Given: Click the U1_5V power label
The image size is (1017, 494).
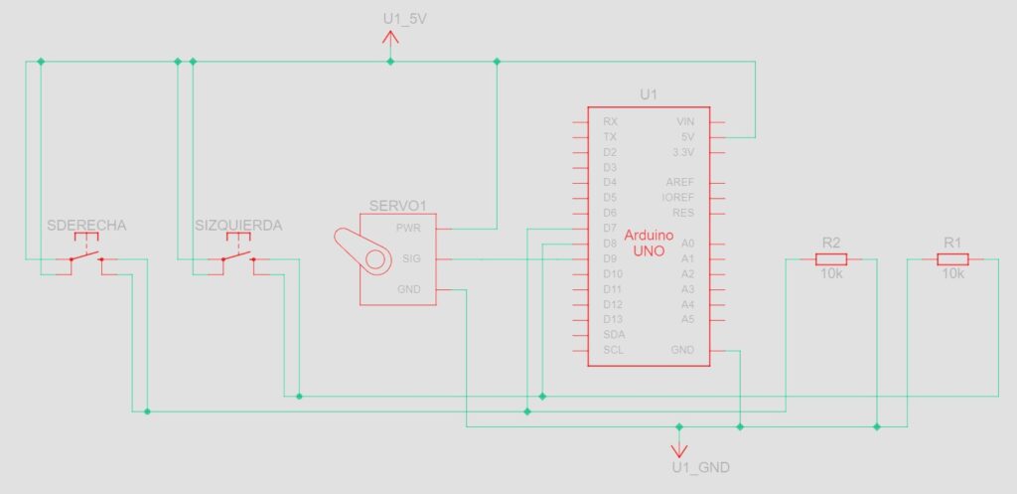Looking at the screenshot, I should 404,19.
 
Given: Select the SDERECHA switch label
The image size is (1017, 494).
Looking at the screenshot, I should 87,226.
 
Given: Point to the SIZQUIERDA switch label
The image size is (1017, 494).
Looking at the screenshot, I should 238,226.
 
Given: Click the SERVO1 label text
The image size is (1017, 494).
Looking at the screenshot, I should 397,206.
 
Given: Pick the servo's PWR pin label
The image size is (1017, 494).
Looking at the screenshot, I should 408,229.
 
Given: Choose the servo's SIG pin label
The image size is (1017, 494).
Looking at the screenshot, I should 408,259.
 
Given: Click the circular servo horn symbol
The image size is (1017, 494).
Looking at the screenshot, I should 375,260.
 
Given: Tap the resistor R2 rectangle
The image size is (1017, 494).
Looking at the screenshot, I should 831,259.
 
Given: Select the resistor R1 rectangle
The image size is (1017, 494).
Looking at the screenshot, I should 953,259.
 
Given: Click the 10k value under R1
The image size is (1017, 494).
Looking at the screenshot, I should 953,275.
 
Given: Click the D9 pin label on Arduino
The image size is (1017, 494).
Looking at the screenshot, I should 611,258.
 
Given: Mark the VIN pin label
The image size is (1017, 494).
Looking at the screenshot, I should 684,121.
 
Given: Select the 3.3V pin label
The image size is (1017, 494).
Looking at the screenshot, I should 682,152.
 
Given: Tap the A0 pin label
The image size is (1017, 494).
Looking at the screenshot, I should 687,244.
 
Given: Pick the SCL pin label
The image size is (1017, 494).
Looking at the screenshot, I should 613,350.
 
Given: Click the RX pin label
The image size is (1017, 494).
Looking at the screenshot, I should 610,121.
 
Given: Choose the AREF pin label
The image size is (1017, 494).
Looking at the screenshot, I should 680,183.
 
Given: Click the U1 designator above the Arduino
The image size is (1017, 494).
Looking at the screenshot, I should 649,94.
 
